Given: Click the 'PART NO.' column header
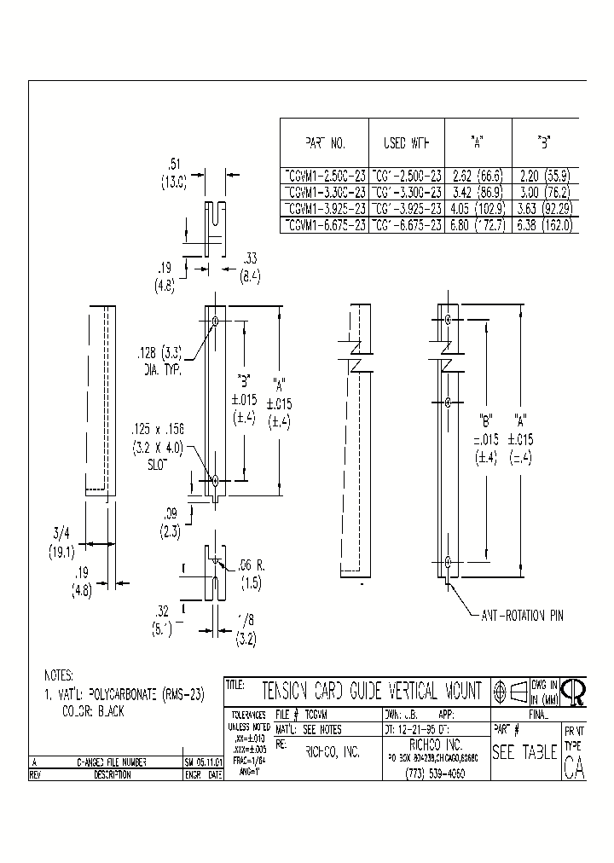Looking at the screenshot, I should [x=324, y=142].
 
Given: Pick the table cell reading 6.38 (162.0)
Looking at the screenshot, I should [x=544, y=225].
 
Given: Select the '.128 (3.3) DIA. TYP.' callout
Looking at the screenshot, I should [x=160, y=360].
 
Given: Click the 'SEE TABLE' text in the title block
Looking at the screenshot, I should [x=524, y=752].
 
